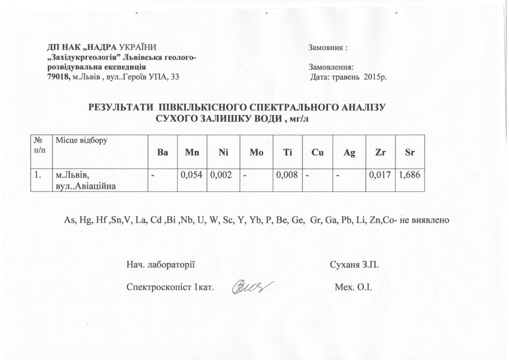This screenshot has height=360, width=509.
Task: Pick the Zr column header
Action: click(x=380, y=152)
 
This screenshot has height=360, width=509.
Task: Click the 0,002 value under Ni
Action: click(x=221, y=175)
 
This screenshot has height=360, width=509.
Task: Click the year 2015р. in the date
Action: click(x=376, y=77)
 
